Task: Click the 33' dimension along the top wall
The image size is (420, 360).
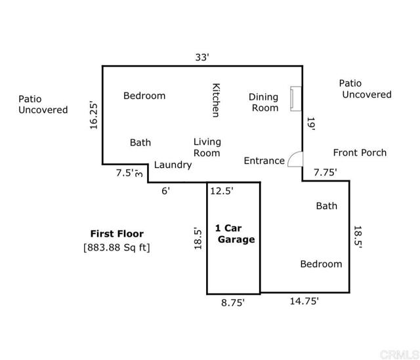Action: (x=202, y=57)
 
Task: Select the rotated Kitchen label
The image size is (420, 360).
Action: (x=215, y=100)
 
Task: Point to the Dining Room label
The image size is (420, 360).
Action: (x=264, y=102)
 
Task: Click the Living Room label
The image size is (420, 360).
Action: (x=207, y=147)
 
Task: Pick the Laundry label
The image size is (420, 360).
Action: (x=173, y=165)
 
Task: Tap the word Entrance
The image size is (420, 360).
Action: (x=264, y=161)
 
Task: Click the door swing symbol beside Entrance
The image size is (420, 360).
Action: (x=295, y=159)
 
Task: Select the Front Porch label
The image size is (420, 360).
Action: (x=360, y=153)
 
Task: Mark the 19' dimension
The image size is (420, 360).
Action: (x=310, y=125)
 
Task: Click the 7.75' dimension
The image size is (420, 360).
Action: (x=325, y=172)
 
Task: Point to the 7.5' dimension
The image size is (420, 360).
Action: (x=125, y=173)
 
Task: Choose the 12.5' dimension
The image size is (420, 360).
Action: (x=222, y=191)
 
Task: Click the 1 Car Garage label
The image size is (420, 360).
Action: (x=234, y=234)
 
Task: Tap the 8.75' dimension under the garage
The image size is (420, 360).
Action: (x=233, y=302)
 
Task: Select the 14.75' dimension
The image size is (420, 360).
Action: (x=304, y=301)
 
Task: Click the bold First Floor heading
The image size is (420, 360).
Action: (x=117, y=233)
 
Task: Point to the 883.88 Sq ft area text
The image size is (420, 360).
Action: (x=117, y=247)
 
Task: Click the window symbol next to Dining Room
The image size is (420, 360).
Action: (x=296, y=98)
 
